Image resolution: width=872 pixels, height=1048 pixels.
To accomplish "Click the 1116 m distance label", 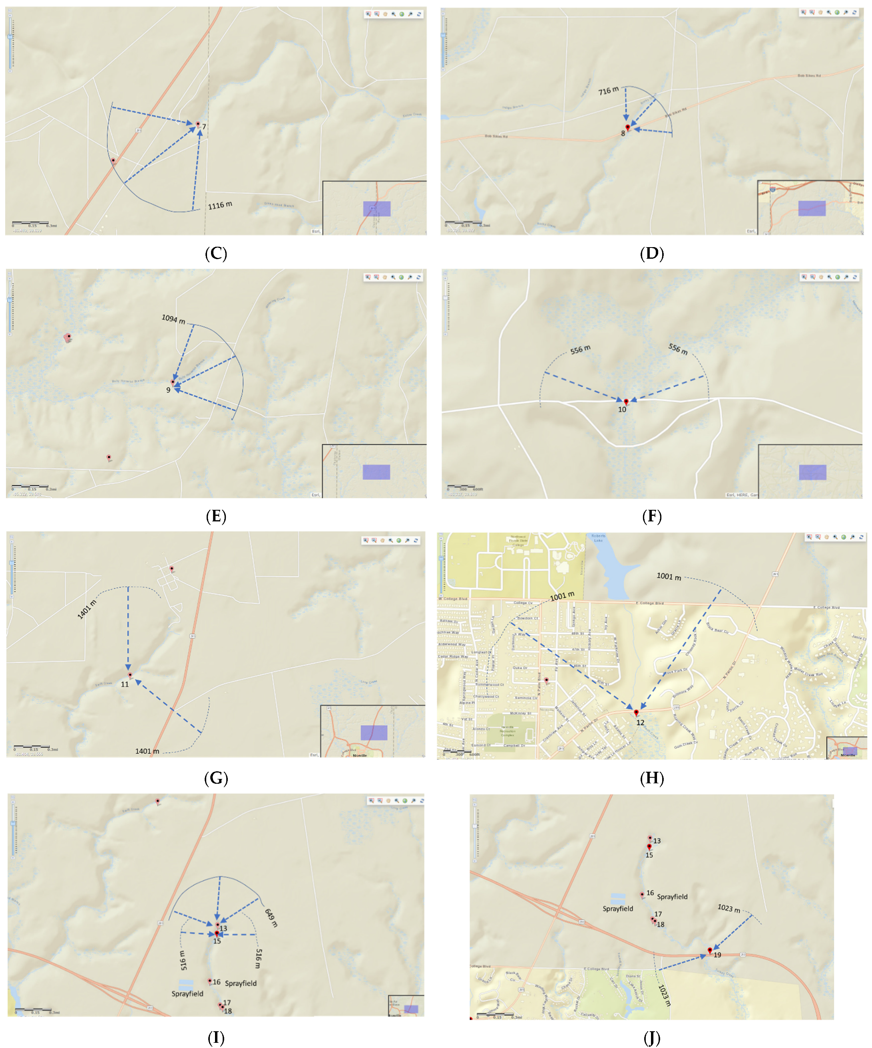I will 220,205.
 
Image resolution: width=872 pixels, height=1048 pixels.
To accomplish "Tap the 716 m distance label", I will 608,91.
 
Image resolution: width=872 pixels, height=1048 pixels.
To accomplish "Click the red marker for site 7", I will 198,124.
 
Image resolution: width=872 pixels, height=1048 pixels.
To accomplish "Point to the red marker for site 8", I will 628,128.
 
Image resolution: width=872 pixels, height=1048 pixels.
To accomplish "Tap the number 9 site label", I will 168,390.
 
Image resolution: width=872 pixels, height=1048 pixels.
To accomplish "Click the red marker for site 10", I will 626,401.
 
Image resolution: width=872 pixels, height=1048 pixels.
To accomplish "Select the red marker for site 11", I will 130,675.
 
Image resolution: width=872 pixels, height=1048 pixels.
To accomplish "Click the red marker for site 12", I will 636,712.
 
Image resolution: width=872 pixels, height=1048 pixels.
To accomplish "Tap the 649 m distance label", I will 271,918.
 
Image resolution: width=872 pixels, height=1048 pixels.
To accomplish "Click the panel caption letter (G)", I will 216,778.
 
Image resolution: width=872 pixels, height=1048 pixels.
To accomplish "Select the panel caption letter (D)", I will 652,254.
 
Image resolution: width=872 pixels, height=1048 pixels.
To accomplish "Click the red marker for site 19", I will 710,951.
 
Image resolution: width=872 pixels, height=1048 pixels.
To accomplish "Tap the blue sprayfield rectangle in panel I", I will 186,985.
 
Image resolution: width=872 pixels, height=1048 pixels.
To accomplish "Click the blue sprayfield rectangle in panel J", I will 618,898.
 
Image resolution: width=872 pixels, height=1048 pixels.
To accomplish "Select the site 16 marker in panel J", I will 642,894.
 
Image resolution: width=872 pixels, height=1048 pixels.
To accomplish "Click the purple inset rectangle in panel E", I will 376,472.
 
